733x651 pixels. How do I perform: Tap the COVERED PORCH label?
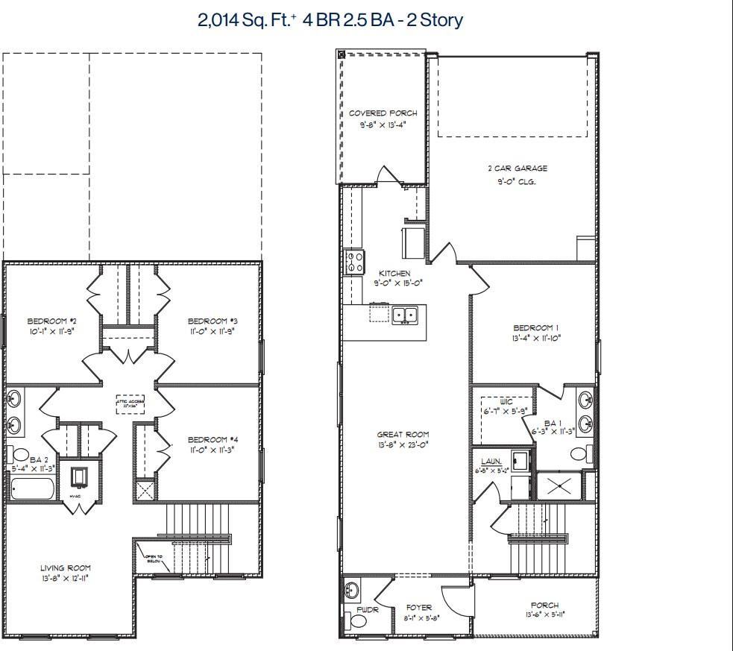click(383, 113)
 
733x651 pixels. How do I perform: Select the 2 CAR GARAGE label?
click(522, 169)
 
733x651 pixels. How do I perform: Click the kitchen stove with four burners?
click(353, 262)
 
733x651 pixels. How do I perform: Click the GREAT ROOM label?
click(403, 434)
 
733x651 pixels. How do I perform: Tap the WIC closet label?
click(506, 401)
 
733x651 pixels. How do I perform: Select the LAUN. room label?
click(491, 462)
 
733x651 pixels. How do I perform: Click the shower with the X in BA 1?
click(558, 485)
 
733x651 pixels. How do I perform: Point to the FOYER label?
click(419, 608)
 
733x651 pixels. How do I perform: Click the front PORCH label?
click(544, 606)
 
